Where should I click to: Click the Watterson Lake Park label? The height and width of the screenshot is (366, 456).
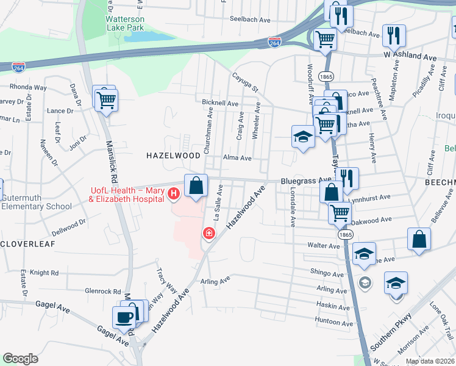(125, 23)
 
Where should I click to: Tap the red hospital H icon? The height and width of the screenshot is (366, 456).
(174, 194)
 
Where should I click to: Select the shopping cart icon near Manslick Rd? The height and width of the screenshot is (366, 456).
(107, 99)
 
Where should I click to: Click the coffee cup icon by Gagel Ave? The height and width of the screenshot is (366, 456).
(124, 317)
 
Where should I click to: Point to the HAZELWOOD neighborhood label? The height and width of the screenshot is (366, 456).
(173, 156)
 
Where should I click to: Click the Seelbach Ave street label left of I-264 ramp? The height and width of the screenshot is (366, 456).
(250, 20)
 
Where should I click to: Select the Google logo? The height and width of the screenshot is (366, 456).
(20, 358)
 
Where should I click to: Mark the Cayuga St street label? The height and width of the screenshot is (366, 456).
(246, 83)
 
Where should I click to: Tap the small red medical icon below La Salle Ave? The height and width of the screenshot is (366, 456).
(208, 233)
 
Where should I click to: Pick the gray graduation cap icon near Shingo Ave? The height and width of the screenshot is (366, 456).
(365, 282)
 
